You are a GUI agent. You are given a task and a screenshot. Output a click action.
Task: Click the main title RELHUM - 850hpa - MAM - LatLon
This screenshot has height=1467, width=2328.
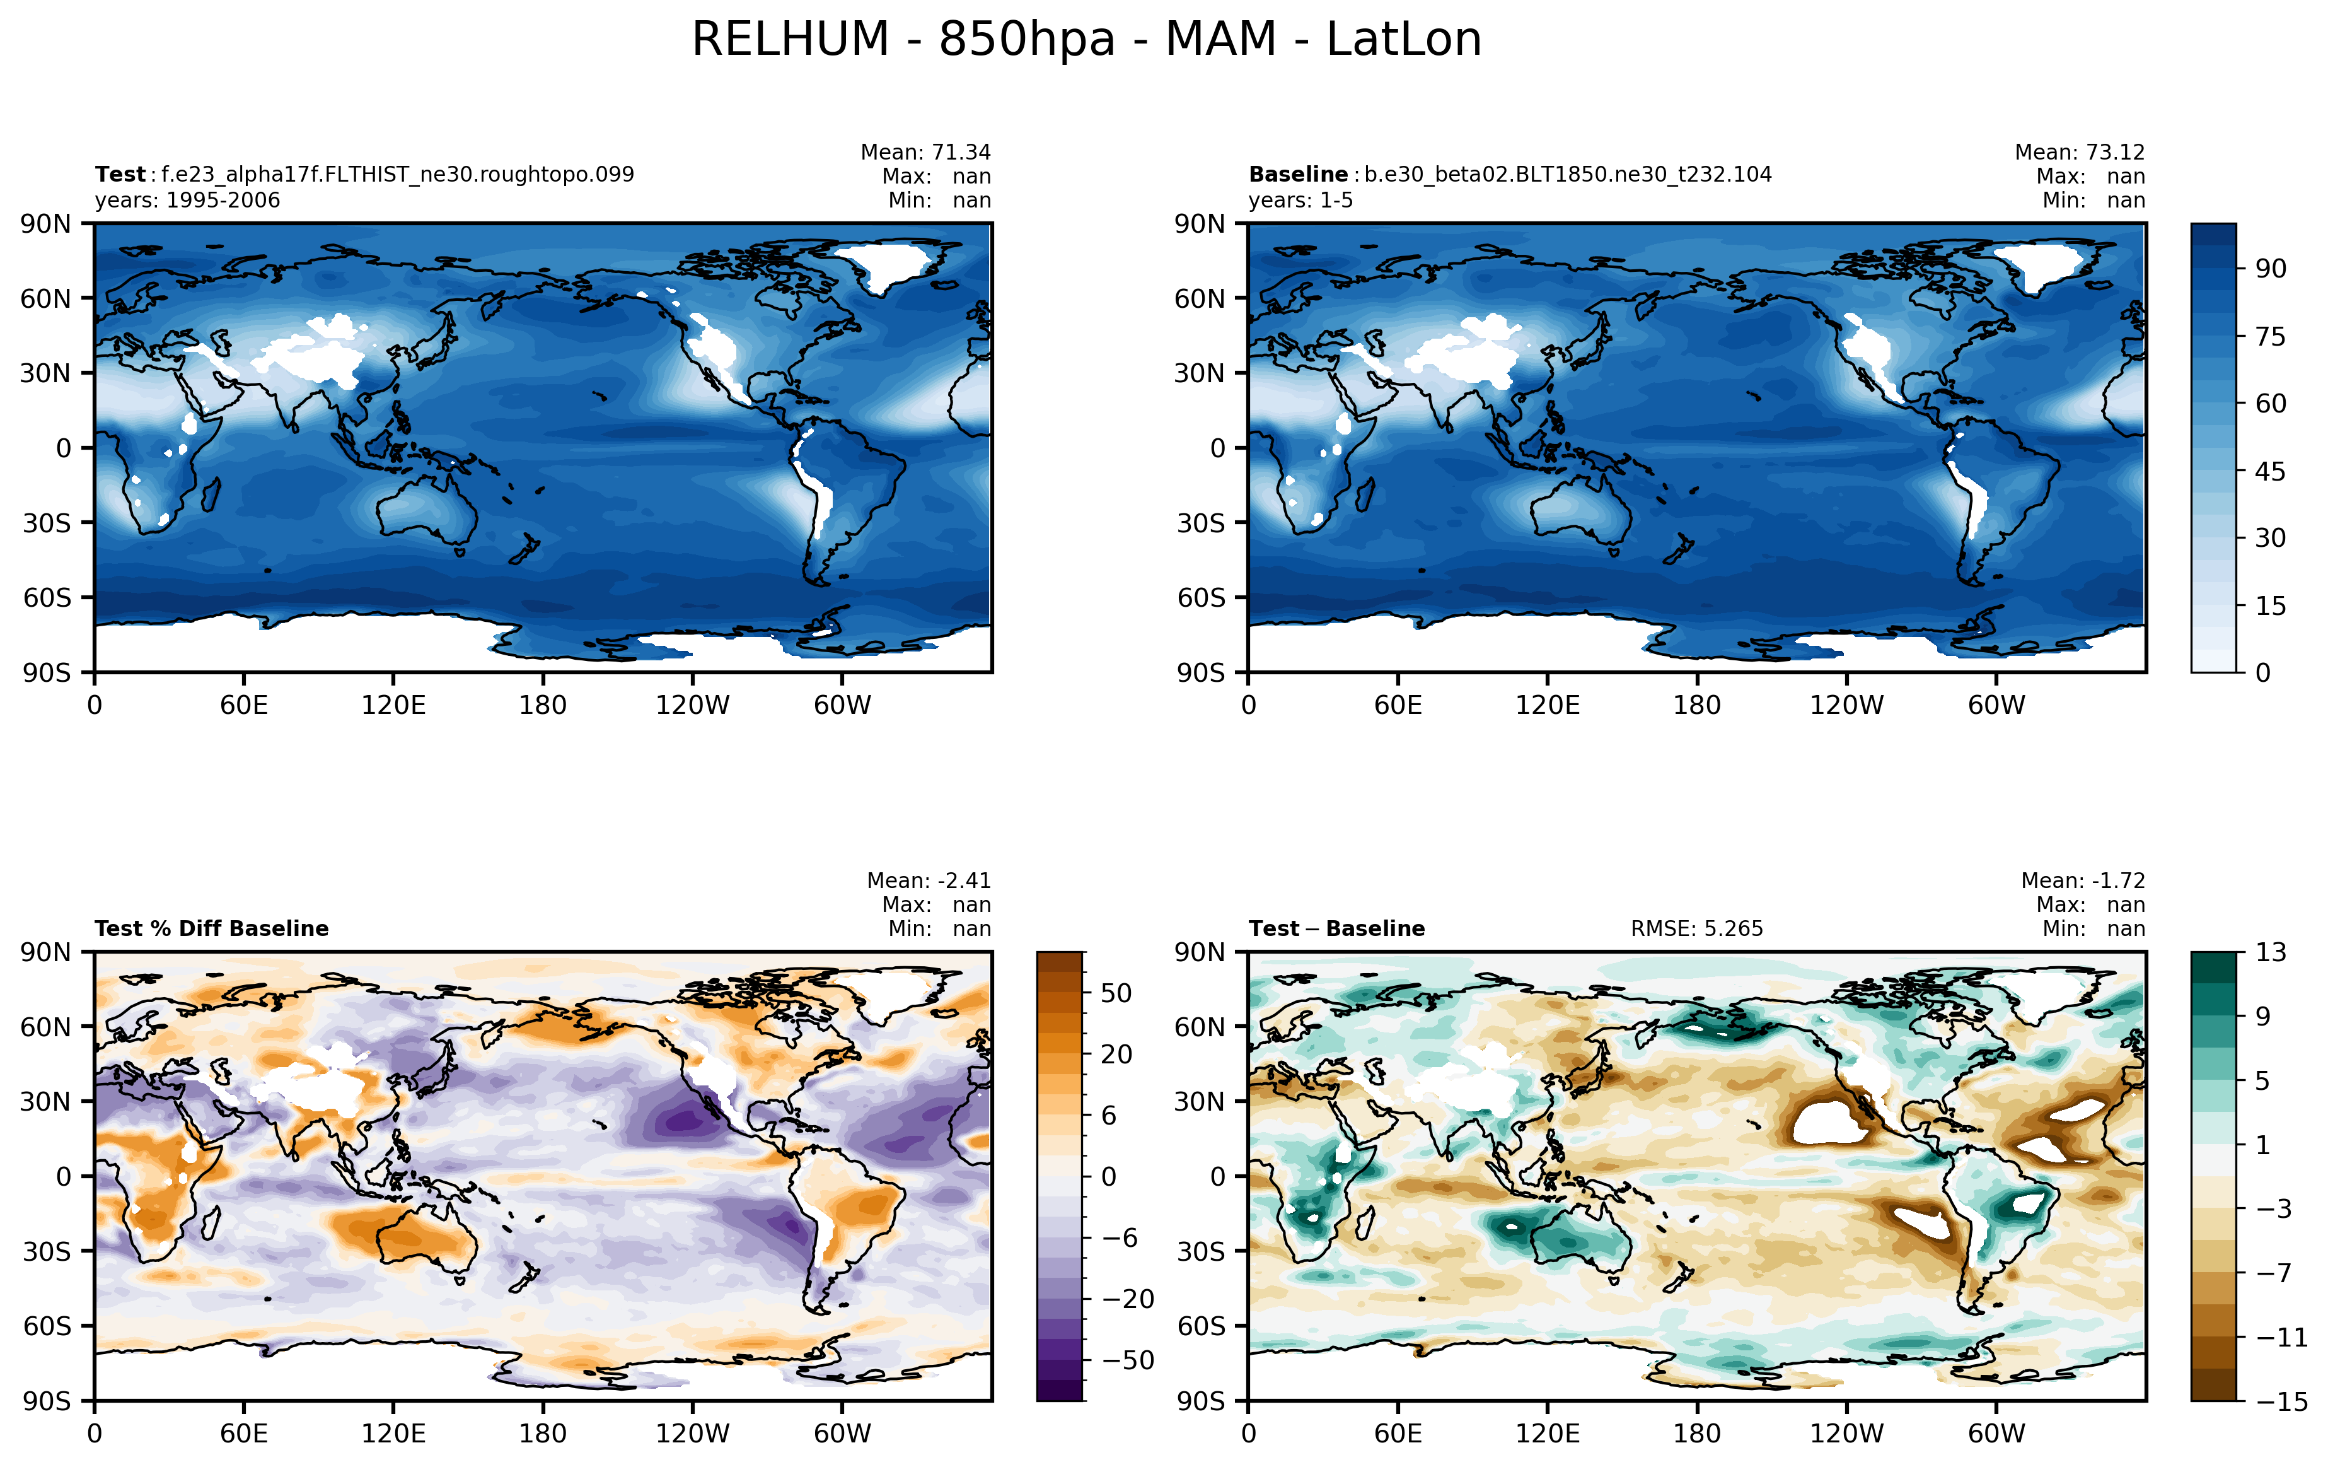click(x=1087, y=40)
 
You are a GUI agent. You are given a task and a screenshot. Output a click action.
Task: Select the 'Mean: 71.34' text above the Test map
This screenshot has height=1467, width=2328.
click(x=925, y=152)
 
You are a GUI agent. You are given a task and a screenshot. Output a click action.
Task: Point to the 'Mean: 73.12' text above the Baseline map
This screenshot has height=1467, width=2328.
click(x=2080, y=152)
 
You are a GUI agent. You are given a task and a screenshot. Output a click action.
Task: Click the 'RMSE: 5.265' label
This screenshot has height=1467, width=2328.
click(x=1697, y=928)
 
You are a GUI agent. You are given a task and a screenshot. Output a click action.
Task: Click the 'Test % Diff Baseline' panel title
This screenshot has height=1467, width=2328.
click(x=212, y=928)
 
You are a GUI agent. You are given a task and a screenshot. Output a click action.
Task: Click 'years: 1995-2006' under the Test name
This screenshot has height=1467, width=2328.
click(x=188, y=200)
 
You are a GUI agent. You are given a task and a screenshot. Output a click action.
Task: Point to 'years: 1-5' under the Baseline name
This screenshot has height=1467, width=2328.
click(x=1300, y=200)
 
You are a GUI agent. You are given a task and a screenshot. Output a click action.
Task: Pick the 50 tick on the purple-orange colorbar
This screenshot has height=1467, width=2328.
click(x=1116, y=993)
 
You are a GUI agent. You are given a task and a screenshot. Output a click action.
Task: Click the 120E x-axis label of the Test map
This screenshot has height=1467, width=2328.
click(x=393, y=705)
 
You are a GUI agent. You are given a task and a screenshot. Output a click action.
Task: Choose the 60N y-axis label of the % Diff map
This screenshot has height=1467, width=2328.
click(x=45, y=1027)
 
